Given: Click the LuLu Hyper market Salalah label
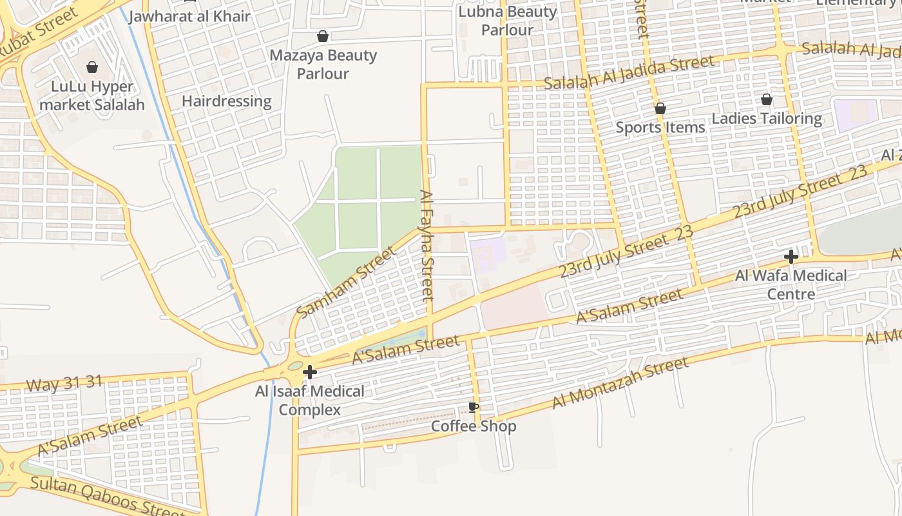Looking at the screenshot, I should [x=92, y=95].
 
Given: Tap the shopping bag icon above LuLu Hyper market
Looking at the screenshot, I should [x=92, y=67].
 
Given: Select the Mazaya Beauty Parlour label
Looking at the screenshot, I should [x=323, y=64].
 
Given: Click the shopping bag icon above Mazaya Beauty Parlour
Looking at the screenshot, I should [x=323, y=36].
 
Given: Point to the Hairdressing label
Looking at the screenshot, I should [x=227, y=101].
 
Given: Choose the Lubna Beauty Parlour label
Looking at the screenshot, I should [x=508, y=21].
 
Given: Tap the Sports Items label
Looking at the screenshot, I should [x=660, y=127].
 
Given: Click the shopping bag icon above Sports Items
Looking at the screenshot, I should [x=660, y=108].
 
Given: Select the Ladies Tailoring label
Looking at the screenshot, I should [x=767, y=119].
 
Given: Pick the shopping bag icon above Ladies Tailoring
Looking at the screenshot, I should [x=767, y=99].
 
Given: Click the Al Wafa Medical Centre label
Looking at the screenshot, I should [x=791, y=284].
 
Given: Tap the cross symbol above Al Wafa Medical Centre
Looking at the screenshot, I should [x=791, y=257].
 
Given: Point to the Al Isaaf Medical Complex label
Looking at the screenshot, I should [x=310, y=400].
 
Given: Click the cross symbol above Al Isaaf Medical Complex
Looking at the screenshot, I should [x=310, y=372].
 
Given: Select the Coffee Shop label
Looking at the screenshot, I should [x=474, y=426].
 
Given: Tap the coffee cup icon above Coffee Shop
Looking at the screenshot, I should [x=474, y=407].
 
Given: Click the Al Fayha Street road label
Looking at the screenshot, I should [x=427, y=245].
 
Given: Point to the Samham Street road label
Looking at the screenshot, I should [x=346, y=282].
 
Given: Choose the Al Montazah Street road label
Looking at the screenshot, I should [x=620, y=384].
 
